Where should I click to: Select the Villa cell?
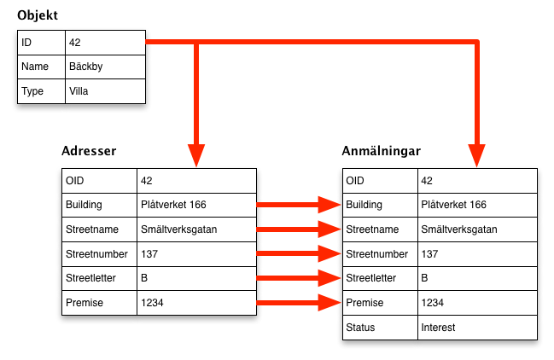79,91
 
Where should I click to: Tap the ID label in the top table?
26,42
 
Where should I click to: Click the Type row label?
32,91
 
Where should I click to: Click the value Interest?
438,328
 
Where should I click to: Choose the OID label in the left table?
75,181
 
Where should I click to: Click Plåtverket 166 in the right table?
453,205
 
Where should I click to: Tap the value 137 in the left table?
149,254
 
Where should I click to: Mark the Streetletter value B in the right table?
425,278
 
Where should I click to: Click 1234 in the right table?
434,303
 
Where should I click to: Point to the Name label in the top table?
35,67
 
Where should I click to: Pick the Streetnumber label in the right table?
376,254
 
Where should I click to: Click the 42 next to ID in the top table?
74,42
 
